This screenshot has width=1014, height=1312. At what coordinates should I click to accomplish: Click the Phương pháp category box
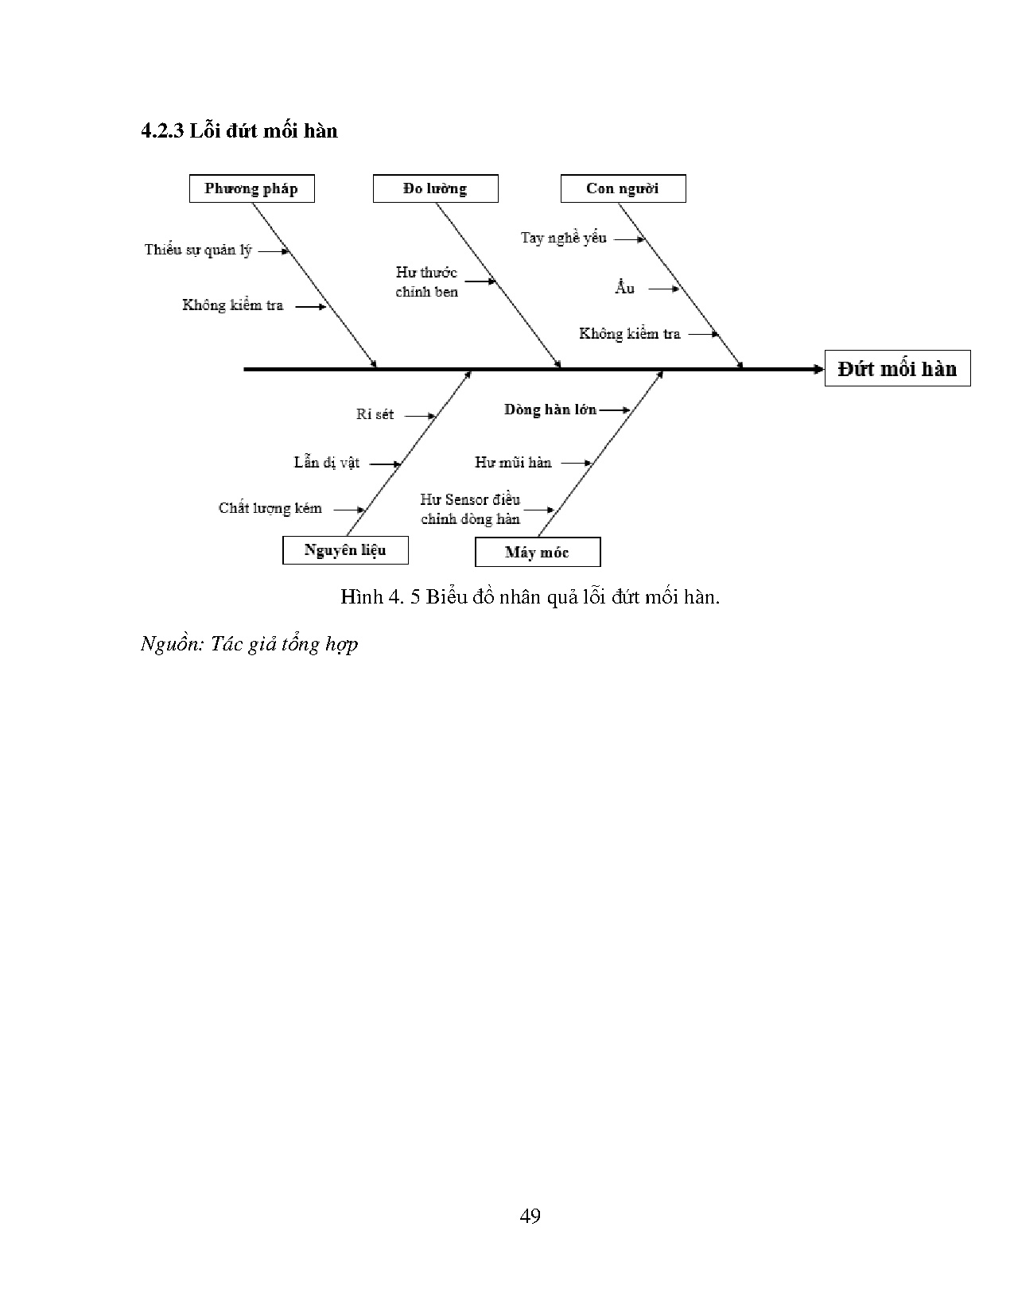[251, 189]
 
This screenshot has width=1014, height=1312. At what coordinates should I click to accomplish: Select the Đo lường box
[435, 189]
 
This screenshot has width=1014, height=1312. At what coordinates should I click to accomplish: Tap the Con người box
[623, 189]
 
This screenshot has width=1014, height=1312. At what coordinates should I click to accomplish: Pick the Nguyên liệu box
[345, 550]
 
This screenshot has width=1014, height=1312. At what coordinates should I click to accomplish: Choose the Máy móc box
[537, 553]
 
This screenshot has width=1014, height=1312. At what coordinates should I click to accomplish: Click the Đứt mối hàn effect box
[897, 369]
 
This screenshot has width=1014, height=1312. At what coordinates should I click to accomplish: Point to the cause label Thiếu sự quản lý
[198, 250]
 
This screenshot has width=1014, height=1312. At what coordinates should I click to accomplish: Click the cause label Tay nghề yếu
[563, 238]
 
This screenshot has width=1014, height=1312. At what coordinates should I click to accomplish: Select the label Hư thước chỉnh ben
[427, 282]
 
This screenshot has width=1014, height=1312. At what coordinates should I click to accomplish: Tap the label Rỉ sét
[375, 414]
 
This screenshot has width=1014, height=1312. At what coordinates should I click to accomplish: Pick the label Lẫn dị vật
[327, 462]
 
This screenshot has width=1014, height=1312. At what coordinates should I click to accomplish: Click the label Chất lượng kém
[270, 508]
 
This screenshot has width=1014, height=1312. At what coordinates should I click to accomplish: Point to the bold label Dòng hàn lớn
[550, 410]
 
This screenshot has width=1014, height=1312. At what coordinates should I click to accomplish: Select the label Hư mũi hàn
[513, 462]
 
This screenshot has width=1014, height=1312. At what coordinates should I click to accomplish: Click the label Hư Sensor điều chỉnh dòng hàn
[470, 509]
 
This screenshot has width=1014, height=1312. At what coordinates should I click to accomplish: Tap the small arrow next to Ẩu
[663, 289]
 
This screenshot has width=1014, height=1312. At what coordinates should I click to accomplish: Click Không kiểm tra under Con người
[630, 334]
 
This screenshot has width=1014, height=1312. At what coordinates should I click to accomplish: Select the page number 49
[530, 1216]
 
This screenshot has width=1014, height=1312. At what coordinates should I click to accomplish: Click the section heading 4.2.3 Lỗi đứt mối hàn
[239, 130]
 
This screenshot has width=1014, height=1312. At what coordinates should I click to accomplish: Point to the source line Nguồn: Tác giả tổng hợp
[249, 643]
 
